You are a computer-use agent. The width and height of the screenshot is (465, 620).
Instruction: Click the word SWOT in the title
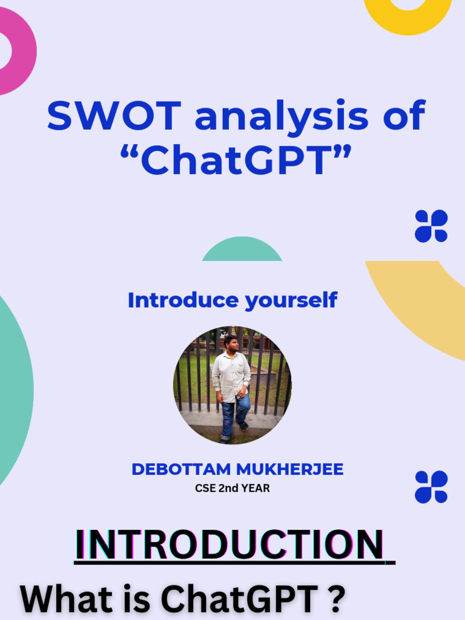tap(115, 116)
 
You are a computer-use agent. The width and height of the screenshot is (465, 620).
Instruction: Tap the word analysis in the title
tap(282, 116)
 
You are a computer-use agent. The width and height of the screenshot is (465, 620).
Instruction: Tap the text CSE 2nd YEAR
tap(232, 489)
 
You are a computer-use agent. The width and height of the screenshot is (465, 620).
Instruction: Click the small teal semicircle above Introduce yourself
tap(242, 251)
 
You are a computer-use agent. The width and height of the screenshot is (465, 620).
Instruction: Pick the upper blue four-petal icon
tap(431, 226)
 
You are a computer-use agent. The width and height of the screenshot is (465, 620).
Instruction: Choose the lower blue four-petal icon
tap(431, 487)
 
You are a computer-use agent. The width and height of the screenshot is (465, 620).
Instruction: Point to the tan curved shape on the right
tap(424, 303)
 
